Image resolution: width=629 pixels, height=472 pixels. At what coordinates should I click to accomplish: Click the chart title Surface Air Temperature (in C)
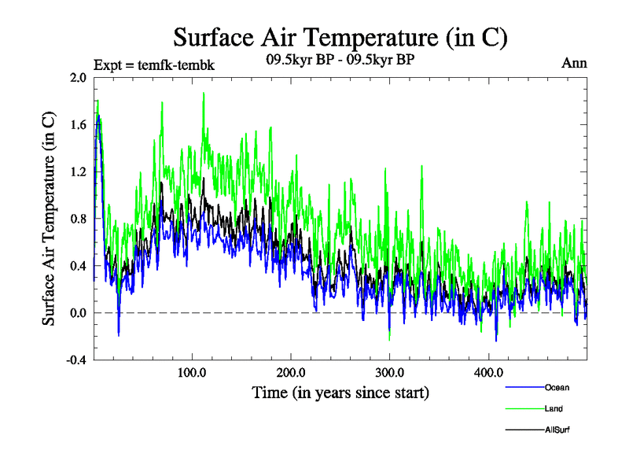click(x=340, y=37)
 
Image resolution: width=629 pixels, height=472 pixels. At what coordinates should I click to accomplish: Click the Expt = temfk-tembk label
click(x=153, y=65)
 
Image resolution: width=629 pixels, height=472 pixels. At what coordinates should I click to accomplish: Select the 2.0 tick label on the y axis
click(x=79, y=78)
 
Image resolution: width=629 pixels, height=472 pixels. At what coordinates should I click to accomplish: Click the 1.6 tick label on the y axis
click(x=79, y=124)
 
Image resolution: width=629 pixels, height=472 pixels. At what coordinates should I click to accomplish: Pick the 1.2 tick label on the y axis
click(x=79, y=171)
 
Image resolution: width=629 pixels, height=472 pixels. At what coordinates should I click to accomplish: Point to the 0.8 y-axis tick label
click(x=79, y=219)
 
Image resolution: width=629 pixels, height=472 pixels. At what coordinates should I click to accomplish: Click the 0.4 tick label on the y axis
click(x=79, y=266)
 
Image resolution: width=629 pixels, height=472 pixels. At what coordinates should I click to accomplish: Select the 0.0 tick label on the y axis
click(x=79, y=313)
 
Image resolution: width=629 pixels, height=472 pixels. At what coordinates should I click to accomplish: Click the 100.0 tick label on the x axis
click(x=192, y=373)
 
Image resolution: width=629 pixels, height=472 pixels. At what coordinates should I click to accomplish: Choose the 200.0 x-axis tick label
click(x=291, y=373)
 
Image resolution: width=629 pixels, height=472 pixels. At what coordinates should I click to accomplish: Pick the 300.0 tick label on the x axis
click(x=389, y=373)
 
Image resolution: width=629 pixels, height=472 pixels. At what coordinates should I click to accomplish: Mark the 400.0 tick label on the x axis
click(x=488, y=373)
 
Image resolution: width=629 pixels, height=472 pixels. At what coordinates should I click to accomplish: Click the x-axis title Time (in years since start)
click(x=340, y=392)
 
